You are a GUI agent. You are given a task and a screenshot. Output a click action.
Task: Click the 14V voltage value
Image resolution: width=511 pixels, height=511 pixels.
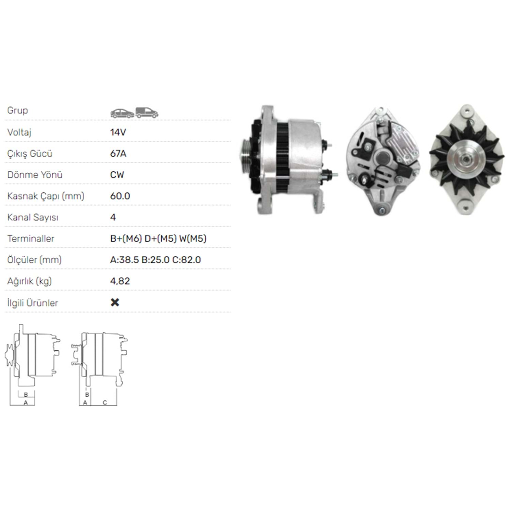(118, 132)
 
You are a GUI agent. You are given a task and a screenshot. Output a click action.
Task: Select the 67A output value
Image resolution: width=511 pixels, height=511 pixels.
(118, 154)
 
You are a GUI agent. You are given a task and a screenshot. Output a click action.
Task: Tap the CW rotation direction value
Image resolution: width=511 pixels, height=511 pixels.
(117, 175)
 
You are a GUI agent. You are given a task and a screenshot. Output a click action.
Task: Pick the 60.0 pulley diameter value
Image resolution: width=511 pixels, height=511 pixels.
(120, 196)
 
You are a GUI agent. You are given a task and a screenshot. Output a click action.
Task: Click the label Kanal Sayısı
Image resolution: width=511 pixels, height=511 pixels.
(33, 217)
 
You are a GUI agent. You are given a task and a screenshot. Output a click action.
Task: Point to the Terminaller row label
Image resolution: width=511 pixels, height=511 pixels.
(31, 238)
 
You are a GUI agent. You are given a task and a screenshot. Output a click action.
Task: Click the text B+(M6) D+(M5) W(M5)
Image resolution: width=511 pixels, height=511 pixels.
(158, 238)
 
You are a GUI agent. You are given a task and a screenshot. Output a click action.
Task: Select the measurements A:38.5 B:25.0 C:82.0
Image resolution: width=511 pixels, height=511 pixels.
(155, 260)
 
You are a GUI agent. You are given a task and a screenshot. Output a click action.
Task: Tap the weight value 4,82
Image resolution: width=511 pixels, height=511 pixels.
(120, 281)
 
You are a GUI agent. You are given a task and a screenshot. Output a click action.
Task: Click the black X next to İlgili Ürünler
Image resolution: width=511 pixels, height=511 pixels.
(115, 303)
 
